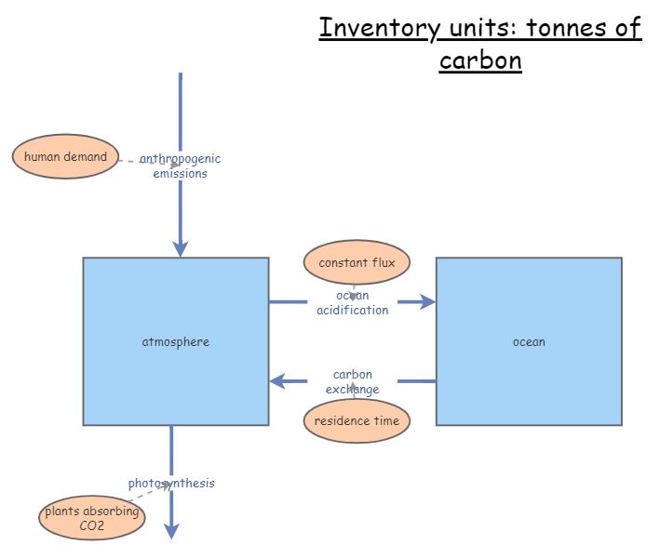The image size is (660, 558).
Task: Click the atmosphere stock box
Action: point(176,341)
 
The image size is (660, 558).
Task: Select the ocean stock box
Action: point(529,341)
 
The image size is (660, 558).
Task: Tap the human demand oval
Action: point(65,156)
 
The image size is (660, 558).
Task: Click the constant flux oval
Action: point(357,262)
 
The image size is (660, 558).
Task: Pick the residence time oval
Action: point(357,420)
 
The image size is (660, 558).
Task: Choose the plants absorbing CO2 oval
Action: point(92,519)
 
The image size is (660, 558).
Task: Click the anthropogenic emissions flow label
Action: point(181,166)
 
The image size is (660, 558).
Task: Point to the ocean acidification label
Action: point(353,303)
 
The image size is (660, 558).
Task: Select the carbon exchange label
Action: point(353,381)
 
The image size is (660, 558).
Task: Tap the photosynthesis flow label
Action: point(171,483)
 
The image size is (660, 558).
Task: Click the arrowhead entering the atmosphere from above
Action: point(181,247)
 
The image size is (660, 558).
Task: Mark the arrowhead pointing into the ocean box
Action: point(427,301)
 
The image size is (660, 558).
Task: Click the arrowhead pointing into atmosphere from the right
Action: point(277,381)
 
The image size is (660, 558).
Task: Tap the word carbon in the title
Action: point(480,61)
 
